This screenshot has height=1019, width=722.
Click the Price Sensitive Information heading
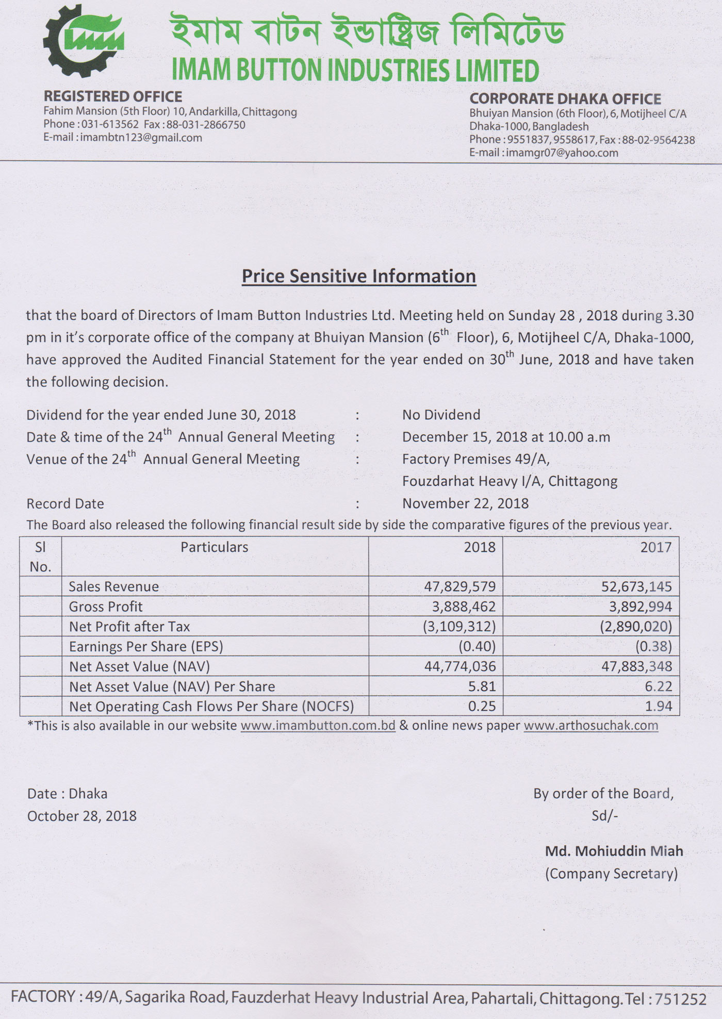coord(358,276)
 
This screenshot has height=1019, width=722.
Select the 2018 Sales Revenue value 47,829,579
coord(460,586)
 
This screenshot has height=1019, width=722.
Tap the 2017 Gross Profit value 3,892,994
coord(640,606)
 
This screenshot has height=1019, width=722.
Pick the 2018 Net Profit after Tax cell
coord(459,627)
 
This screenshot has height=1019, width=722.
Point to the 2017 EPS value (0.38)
coord(653,646)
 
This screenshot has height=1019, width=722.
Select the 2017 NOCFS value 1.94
coord(659,706)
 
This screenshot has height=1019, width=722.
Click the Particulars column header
coord(214,547)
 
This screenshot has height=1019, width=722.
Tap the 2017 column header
coord(655,547)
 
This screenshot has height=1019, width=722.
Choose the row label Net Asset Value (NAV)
coord(139,666)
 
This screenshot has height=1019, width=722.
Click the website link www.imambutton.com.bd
coord(318,726)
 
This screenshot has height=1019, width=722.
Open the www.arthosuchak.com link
coord(590,726)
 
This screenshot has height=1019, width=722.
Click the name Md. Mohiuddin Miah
coord(614,851)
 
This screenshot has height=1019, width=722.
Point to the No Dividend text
coord(441,415)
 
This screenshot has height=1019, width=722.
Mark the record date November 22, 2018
coord(465,503)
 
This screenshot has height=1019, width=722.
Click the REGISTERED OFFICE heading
coord(112,96)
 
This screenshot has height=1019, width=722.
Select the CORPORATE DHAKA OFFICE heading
coord(565,98)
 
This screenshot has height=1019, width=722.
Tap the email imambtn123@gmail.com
coord(141,138)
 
